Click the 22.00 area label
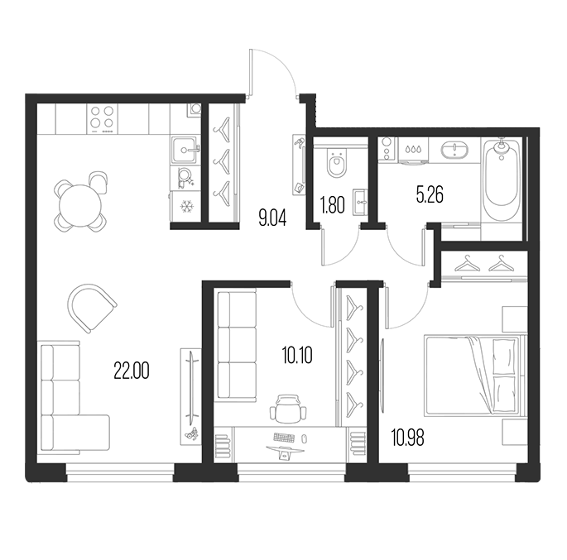pos(132,371)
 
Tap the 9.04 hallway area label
pos(272,218)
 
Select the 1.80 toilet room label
pos(332,205)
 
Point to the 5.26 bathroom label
pos(430,195)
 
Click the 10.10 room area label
pos(297,355)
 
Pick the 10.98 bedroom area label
pos(407,437)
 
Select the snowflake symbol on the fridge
pos(186,207)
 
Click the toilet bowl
pos(337,165)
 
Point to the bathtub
pos(501,179)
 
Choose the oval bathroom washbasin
pos(454,150)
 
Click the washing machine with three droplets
pos(412,150)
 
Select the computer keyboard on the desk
pos(285,438)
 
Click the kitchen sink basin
pos(185,149)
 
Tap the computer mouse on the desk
pos(304,438)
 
